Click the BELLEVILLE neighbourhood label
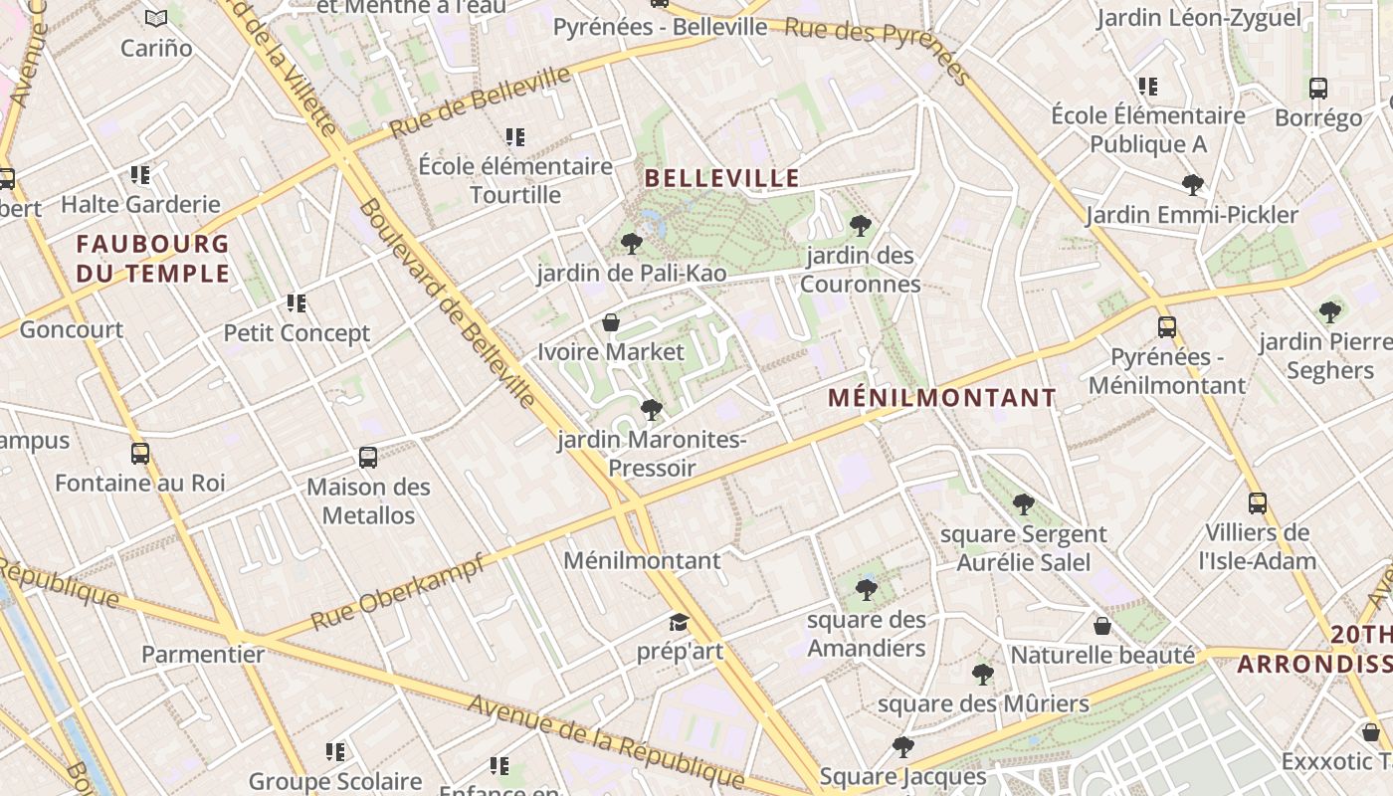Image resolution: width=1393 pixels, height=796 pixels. tap(722, 179)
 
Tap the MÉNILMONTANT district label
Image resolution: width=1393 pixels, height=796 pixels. tap(942, 399)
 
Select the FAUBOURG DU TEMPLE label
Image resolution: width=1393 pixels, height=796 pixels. tap(153, 259)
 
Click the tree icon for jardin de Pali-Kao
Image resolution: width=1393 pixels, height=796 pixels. tap(631, 244)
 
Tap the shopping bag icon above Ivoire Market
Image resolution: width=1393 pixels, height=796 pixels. tap(611, 322)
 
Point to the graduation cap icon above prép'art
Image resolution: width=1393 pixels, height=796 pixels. tap(679, 623)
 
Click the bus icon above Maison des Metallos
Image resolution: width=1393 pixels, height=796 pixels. tap(368, 458)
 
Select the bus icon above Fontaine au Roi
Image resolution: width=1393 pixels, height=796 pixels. tap(140, 454)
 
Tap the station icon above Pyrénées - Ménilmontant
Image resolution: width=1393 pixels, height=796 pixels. tap(1167, 327)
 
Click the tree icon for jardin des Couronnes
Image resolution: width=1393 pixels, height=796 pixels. tap(861, 226)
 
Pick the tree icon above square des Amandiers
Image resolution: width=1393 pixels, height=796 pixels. tap(867, 590)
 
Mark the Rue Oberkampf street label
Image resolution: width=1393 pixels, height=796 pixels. tap(398, 593)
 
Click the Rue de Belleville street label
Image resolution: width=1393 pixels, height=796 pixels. tap(480, 102)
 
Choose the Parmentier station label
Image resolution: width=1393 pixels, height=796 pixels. tap(203, 655)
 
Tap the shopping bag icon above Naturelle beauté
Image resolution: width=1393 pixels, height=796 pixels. tap(1102, 626)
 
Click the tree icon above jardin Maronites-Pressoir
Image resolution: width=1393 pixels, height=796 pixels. tap(652, 410)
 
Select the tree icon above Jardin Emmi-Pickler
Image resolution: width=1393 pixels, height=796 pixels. tap(1192, 185)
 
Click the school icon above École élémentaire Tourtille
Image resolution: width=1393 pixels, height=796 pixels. tap(514, 137)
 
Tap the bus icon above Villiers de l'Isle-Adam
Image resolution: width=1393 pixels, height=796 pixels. tap(1258, 503)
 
